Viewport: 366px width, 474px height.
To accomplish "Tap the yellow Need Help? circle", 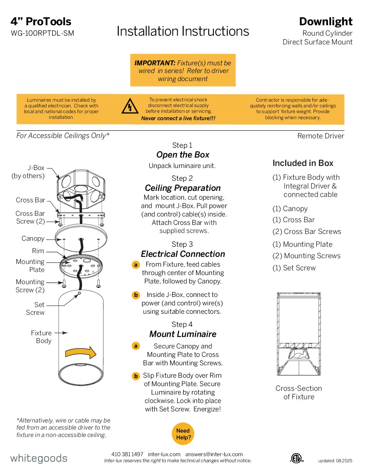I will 183,434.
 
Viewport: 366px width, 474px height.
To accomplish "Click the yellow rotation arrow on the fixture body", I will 81,353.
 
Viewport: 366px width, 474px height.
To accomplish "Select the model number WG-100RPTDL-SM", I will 42,33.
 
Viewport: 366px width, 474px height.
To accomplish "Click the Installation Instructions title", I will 183,31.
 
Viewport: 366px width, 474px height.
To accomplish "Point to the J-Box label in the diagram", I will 36,168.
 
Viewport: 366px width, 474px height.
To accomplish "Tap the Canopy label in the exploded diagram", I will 33,238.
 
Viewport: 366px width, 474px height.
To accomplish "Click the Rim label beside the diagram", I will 38,251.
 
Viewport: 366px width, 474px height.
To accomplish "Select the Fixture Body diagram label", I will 41,337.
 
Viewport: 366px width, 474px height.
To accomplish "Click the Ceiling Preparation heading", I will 183,188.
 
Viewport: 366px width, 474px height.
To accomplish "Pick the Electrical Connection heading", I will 183,254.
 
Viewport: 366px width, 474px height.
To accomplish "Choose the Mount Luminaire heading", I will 183,334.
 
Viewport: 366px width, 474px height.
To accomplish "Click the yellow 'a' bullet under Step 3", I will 136,265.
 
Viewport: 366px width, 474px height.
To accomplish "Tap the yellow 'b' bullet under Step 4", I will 136,376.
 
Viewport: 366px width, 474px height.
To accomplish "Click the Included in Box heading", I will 303,163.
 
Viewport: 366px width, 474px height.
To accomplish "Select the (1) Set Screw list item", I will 294,268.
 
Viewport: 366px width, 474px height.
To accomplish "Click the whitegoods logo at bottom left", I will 39,458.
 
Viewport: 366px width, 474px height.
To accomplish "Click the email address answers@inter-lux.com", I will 214,454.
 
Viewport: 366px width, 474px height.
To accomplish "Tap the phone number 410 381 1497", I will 127,454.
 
